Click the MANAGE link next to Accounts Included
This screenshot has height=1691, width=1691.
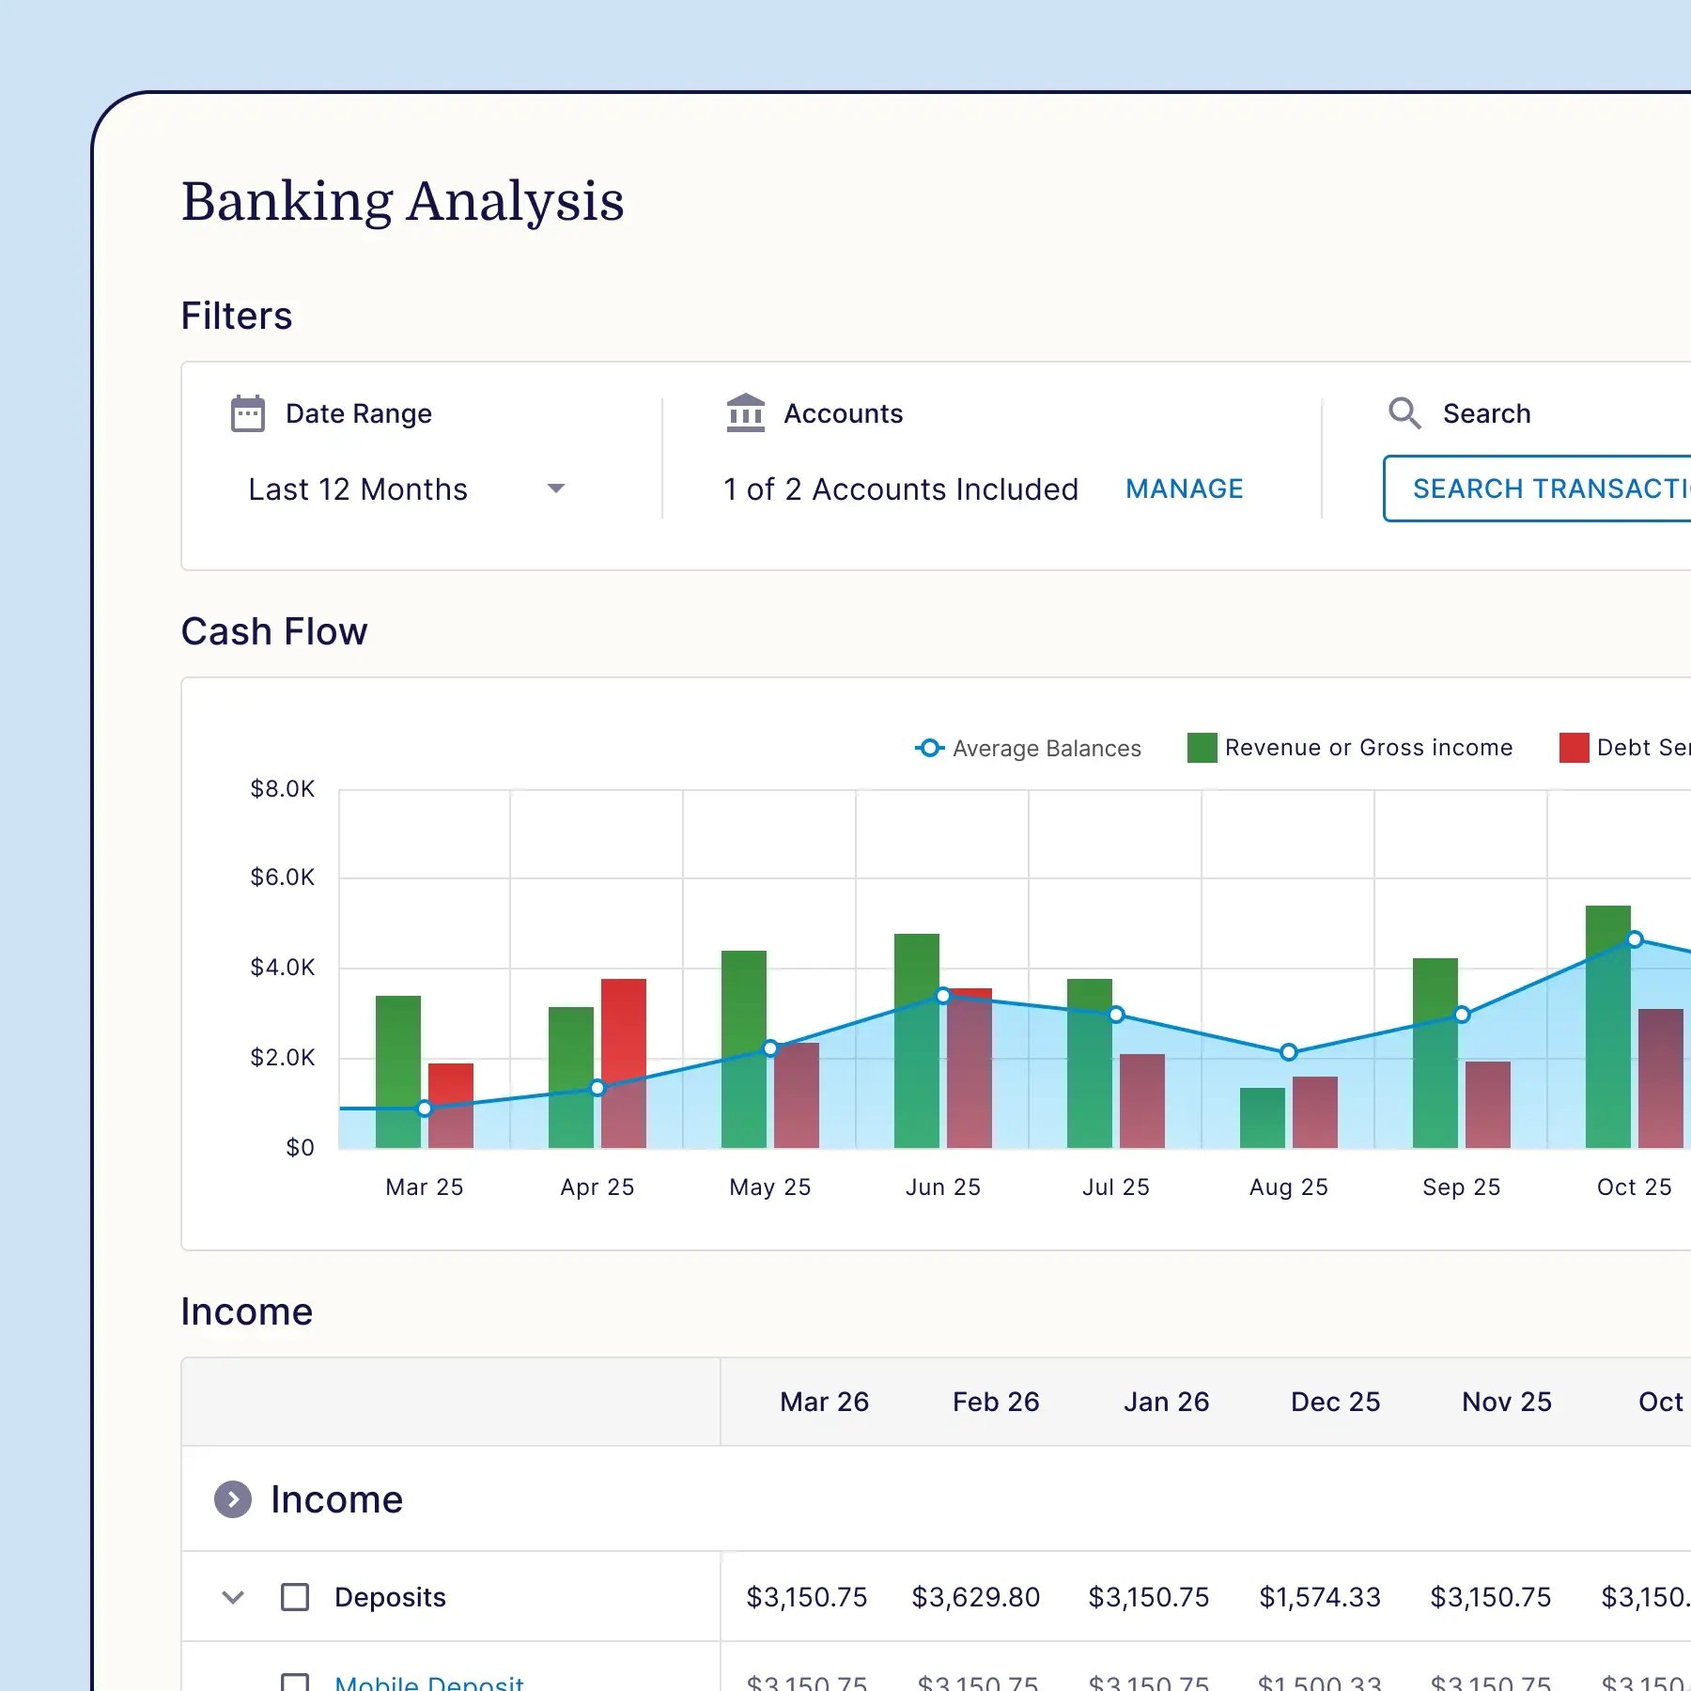point(1184,489)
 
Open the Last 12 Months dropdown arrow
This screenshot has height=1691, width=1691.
point(556,489)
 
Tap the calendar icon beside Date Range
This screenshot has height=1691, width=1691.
point(248,413)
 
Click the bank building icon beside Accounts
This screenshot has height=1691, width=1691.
point(745,413)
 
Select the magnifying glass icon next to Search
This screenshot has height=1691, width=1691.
point(1404,413)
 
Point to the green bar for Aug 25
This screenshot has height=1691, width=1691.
point(1263,1118)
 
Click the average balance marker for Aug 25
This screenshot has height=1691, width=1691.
point(1289,1052)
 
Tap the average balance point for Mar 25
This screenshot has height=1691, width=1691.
point(425,1109)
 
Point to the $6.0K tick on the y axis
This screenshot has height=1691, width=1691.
point(282,877)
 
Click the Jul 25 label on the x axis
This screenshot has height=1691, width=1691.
point(1116,1187)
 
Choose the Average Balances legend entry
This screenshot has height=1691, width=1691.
point(1029,749)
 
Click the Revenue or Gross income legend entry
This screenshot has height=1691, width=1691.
point(1350,748)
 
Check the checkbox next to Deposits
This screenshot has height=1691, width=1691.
point(295,1597)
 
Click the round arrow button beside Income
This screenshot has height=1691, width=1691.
point(233,1499)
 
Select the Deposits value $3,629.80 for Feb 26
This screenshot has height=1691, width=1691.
point(976,1597)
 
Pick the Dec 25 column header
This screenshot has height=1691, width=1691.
point(1335,1402)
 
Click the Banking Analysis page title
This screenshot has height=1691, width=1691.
point(402,201)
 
